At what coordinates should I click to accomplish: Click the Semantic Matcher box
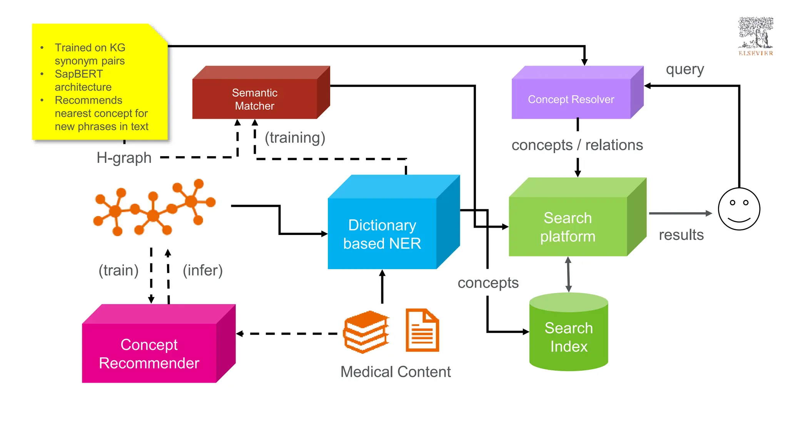pyautogui.click(x=255, y=99)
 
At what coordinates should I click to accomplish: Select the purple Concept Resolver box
pyautogui.click(x=571, y=99)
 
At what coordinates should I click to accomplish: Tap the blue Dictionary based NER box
pyautogui.click(x=382, y=233)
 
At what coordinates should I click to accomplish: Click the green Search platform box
pyautogui.click(x=568, y=226)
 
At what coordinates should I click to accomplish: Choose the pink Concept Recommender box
pyautogui.click(x=149, y=353)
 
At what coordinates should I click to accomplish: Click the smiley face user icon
pyautogui.click(x=739, y=209)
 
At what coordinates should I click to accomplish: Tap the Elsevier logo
pyautogui.click(x=756, y=37)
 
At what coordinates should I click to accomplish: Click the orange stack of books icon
pyautogui.click(x=366, y=332)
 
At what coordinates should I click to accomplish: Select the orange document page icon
pyautogui.click(x=422, y=330)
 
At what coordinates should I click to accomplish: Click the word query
pyautogui.click(x=685, y=70)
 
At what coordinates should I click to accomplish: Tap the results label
pyautogui.click(x=681, y=235)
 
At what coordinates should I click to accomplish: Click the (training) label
pyautogui.click(x=295, y=138)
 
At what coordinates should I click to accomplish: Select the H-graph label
pyautogui.click(x=124, y=158)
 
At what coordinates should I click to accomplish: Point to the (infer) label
pyautogui.click(x=202, y=270)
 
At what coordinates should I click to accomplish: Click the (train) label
pyautogui.click(x=119, y=270)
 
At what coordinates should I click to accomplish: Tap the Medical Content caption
pyautogui.click(x=396, y=372)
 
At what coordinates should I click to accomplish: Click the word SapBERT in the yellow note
pyautogui.click(x=79, y=74)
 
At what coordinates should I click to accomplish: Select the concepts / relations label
pyautogui.click(x=577, y=145)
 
